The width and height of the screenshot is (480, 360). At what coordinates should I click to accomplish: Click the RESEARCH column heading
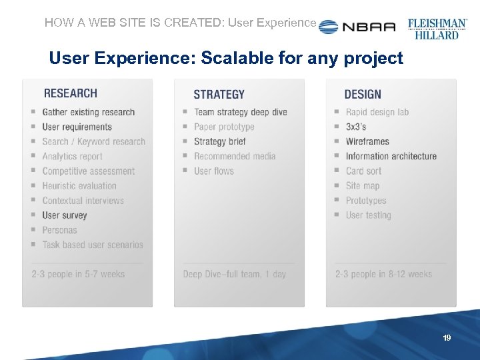[70, 93]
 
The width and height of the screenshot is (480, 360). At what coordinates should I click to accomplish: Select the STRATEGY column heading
[219, 95]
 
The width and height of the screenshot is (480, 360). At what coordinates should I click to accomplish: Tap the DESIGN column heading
[363, 95]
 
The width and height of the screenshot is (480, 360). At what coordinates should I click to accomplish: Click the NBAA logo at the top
[357, 27]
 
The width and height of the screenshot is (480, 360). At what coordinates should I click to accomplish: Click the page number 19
[447, 338]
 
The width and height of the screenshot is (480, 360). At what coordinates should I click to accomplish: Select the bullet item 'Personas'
[59, 230]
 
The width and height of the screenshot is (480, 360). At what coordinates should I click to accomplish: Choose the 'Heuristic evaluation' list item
[79, 186]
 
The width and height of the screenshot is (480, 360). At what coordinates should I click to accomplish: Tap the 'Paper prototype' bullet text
[224, 127]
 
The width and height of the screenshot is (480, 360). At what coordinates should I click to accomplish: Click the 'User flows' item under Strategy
[214, 171]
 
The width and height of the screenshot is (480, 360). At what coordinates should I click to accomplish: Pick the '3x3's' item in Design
[356, 127]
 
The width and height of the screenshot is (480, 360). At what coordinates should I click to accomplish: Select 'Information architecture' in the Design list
[391, 156]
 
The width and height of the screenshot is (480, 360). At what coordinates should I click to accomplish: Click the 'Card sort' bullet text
[363, 171]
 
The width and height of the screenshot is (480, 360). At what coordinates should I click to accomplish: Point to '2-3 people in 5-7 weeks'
[78, 274]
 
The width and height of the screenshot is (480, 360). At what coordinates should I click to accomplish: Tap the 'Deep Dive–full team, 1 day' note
[234, 274]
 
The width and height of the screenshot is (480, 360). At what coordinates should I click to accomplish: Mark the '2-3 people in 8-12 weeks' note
[383, 274]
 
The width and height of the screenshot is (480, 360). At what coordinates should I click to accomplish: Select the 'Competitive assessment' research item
[88, 171]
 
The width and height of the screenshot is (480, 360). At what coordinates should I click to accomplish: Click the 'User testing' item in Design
[368, 215]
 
